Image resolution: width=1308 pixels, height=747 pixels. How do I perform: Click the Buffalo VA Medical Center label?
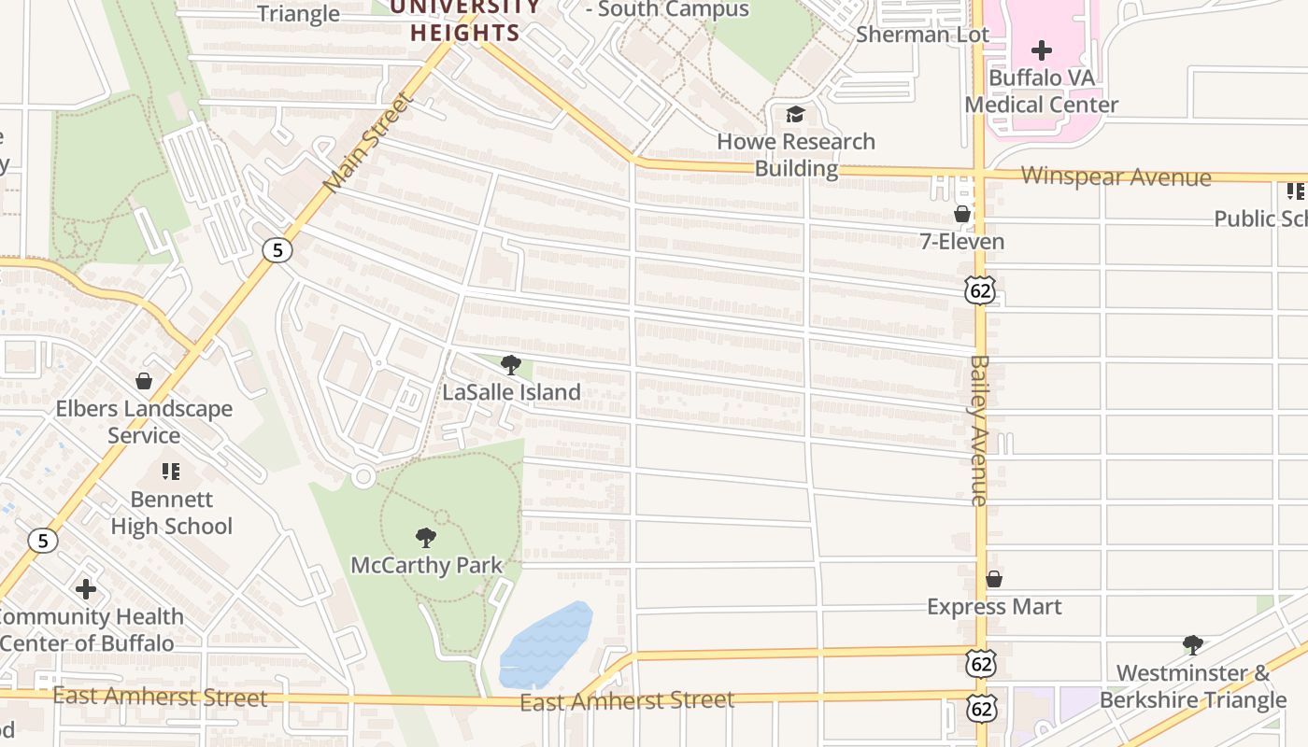tap(1041, 91)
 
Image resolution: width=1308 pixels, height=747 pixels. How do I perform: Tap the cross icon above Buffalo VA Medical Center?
tap(1042, 50)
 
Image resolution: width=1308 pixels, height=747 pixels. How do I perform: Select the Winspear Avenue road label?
tap(1116, 176)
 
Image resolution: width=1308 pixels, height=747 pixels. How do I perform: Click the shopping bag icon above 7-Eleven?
tap(962, 215)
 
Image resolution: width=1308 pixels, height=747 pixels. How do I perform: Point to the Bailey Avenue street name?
tap(979, 430)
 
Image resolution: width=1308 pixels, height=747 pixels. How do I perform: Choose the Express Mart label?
tap(994, 607)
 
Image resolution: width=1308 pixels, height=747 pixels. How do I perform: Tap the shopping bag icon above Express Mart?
tap(994, 580)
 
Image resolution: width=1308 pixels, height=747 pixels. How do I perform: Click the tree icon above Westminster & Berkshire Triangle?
tap(1192, 644)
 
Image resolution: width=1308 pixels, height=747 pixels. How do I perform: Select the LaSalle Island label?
tap(511, 392)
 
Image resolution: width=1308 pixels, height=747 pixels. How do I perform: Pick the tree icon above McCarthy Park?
tap(426, 538)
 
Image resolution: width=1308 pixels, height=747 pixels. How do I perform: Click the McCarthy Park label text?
tap(426, 565)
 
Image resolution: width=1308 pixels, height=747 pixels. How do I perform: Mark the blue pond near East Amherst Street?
tap(546, 644)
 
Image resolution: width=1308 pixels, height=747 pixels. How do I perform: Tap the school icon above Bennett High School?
tap(171, 472)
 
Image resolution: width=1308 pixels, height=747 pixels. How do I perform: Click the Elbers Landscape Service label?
tap(144, 422)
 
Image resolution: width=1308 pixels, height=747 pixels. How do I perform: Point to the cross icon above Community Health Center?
tap(86, 589)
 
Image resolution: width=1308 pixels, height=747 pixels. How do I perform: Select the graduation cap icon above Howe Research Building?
tap(795, 114)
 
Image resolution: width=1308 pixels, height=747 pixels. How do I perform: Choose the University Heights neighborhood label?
tap(465, 21)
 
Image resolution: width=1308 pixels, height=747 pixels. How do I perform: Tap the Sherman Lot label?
tap(922, 35)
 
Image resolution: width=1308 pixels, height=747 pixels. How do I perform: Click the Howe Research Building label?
tap(796, 155)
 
